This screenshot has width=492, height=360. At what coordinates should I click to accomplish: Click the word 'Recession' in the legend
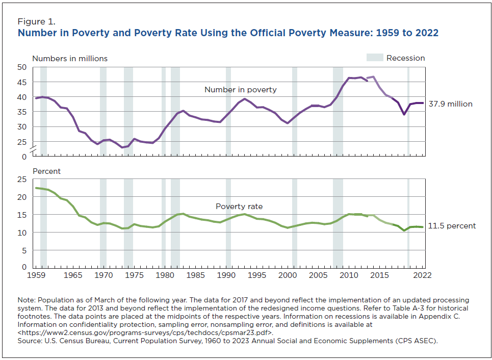(405, 58)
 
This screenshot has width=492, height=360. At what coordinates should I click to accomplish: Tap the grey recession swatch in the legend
(374, 58)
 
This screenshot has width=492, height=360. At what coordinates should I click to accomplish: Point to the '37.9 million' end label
(451, 104)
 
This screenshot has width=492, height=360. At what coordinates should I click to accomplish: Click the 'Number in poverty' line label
(240, 90)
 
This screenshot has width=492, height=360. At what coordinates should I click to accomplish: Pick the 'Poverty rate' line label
(239, 207)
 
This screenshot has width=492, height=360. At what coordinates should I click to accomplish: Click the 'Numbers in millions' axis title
(70, 59)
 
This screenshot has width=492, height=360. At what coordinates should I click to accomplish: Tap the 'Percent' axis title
(46, 171)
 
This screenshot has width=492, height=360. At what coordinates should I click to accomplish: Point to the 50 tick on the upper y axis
(22, 67)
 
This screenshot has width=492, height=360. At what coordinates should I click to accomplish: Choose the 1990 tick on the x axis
(226, 275)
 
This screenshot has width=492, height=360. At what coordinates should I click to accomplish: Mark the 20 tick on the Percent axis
(22, 197)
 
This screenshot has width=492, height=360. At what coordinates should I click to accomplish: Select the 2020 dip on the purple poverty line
(404, 114)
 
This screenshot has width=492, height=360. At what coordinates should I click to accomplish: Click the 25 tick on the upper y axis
(22, 142)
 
